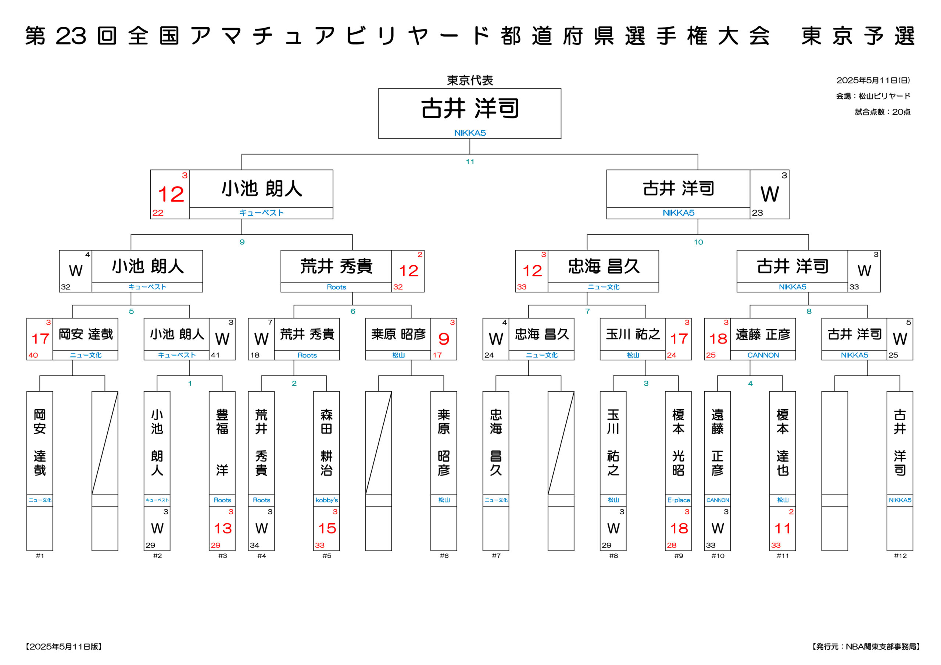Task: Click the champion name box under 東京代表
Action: coord(470,114)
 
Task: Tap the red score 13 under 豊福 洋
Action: coord(222,528)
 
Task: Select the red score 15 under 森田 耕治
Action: coord(327,528)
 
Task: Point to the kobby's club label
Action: coord(327,500)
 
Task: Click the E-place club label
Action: coord(678,500)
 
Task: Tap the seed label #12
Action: coord(900,556)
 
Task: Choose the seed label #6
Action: coord(444,556)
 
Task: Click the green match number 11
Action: coord(470,161)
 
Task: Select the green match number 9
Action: coord(242,242)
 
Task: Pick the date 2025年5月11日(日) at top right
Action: coord(873,80)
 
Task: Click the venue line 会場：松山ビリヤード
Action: coord(873,96)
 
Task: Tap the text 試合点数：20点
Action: coord(883,112)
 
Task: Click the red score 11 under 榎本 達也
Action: coord(783,528)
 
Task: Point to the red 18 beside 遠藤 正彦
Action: coord(718,339)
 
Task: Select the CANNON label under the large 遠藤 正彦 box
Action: coord(763,355)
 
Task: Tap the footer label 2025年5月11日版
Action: coord(64,647)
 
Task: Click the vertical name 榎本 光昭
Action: coord(678,442)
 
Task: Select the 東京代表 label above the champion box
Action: coord(470,80)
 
